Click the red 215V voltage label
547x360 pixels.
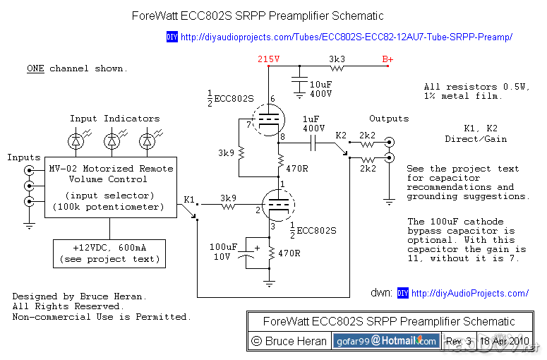coord(269,60)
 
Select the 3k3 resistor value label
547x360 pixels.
coord(337,59)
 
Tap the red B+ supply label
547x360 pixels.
coord(388,60)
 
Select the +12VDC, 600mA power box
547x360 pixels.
coord(109,253)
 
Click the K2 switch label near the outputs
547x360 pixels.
coord(342,134)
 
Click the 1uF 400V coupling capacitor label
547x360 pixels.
coord(313,124)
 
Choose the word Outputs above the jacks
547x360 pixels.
coord(389,119)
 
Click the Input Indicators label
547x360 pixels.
coord(114,119)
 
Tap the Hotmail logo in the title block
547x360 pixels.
coord(385,341)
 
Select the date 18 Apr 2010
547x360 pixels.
coord(505,341)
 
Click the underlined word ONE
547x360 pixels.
coord(35,68)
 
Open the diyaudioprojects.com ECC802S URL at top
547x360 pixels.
coord(346,37)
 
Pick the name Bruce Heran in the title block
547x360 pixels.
coord(296,341)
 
